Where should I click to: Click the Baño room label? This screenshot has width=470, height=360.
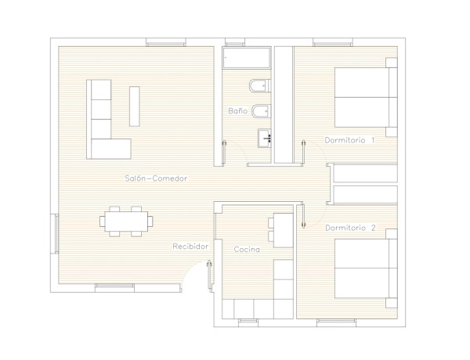[x=238, y=111]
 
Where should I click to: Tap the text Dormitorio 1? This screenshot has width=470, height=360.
[x=349, y=140]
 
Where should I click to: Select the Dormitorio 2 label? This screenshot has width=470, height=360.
[x=349, y=228]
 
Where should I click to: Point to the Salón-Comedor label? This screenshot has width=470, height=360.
[x=155, y=178]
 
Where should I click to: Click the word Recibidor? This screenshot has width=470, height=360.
[x=190, y=247]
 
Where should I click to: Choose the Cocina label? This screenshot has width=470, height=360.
[x=247, y=249]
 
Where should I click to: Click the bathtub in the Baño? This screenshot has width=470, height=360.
[x=246, y=59]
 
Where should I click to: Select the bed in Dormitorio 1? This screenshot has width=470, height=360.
[x=364, y=97]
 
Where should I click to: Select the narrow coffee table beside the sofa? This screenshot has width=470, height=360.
[x=135, y=106]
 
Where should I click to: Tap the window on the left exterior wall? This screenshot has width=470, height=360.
[x=56, y=233]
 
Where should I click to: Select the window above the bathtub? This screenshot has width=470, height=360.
[x=246, y=43]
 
